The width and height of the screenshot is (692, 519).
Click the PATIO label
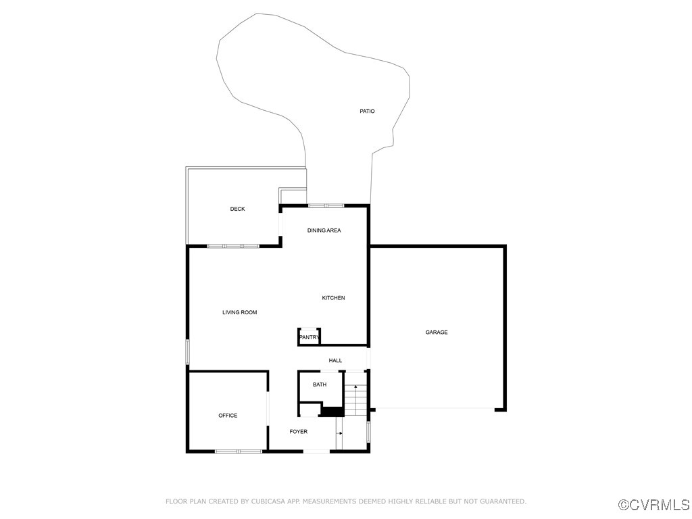tap(367, 111)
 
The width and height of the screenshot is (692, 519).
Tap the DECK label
tap(237, 209)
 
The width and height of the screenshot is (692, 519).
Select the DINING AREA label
tap(324, 230)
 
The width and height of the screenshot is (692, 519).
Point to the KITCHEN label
tap(333, 298)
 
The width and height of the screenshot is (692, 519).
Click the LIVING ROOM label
tap(240, 312)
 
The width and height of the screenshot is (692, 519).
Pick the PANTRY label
tap(309, 337)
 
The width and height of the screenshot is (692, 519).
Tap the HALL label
tap(335, 360)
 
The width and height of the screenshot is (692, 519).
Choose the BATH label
tap(320, 385)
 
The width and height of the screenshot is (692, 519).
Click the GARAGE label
tap(437, 332)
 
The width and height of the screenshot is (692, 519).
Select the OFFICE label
tap(228, 416)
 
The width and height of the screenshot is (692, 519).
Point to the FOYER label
tap(299, 431)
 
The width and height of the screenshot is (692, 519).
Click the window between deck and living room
tap(233, 246)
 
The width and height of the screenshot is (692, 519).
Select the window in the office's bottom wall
tap(239, 451)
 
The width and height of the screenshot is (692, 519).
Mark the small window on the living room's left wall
tap(188, 352)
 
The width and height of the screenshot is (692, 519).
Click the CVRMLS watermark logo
tap(654, 505)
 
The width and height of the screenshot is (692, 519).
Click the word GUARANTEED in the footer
tap(501, 501)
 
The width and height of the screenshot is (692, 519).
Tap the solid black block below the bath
tap(331, 411)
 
